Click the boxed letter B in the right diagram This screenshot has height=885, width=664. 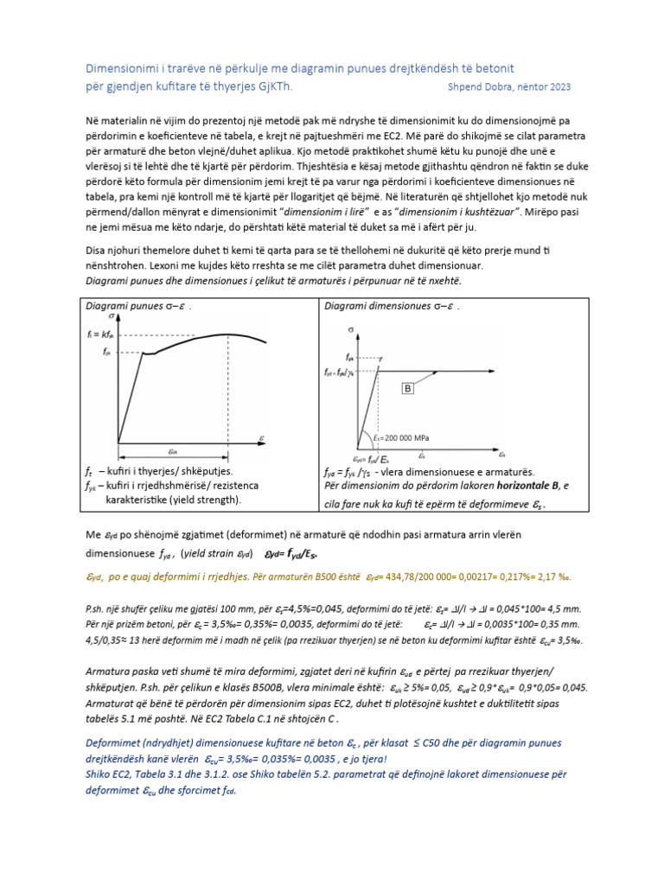(406, 390)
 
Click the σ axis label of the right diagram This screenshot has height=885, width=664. (351, 329)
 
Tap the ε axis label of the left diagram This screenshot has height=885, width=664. (262, 439)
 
